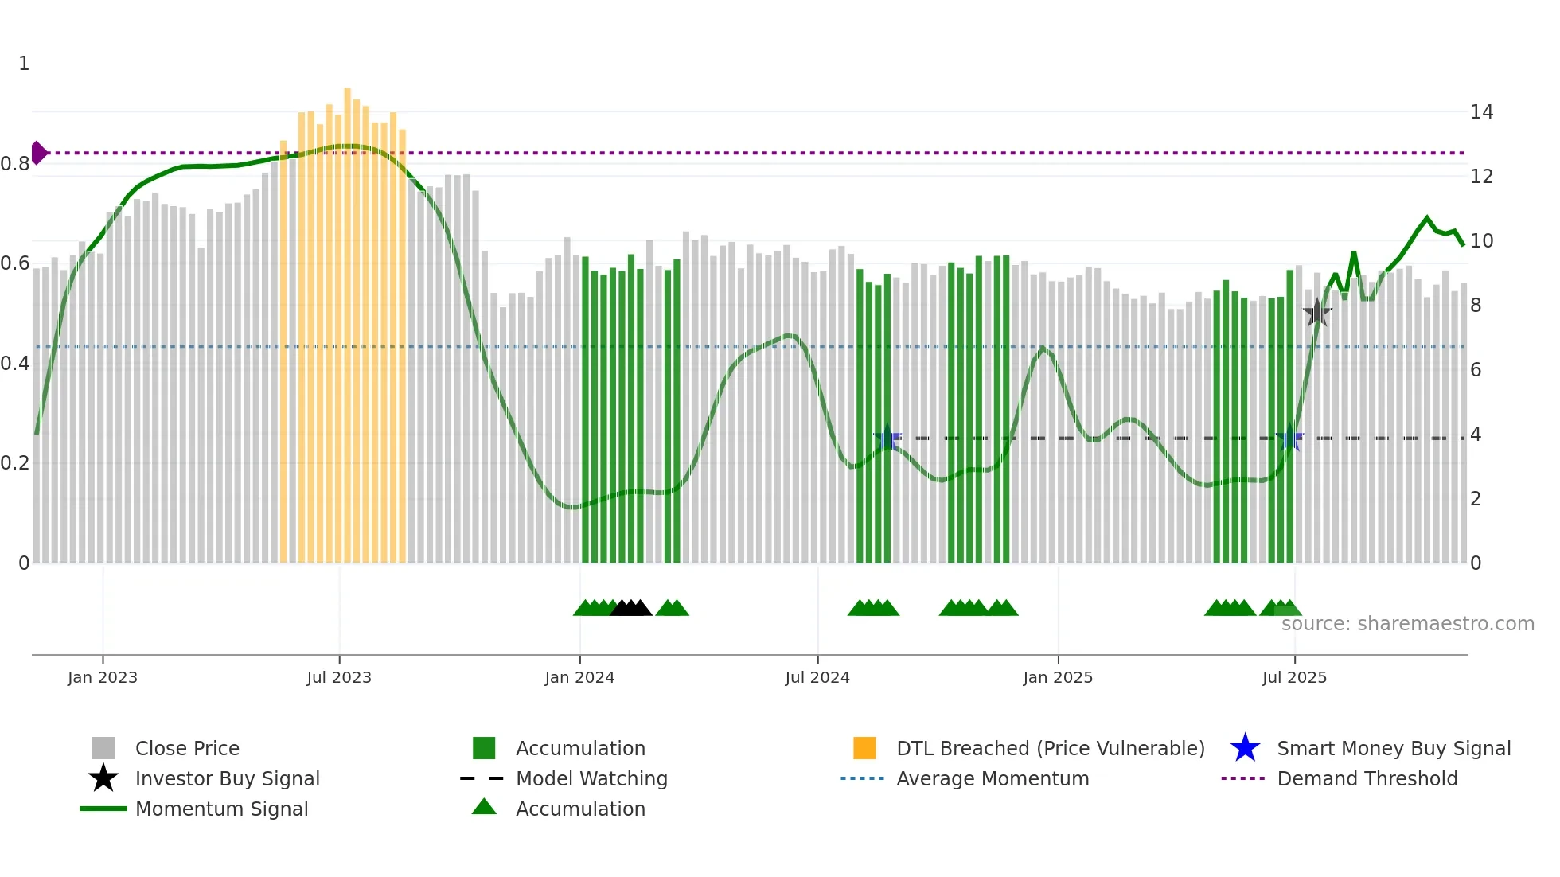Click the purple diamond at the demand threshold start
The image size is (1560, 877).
[x=39, y=153]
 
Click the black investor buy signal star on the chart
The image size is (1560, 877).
[x=1317, y=313]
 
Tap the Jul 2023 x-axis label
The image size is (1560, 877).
[x=339, y=677]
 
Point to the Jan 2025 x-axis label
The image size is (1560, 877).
[x=1058, y=677]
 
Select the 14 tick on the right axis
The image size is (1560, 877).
[x=1481, y=112]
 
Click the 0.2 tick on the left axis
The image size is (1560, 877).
[x=14, y=463]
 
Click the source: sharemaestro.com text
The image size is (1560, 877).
[x=1407, y=623]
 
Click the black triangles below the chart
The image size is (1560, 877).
[x=630, y=608]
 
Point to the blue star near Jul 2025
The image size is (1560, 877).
[x=1290, y=438]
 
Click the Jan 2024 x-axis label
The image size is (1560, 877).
[x=579, y=677]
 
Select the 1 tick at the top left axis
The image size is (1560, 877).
[x=24, y=64]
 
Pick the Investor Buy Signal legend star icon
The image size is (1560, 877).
[x=103, y=778]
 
